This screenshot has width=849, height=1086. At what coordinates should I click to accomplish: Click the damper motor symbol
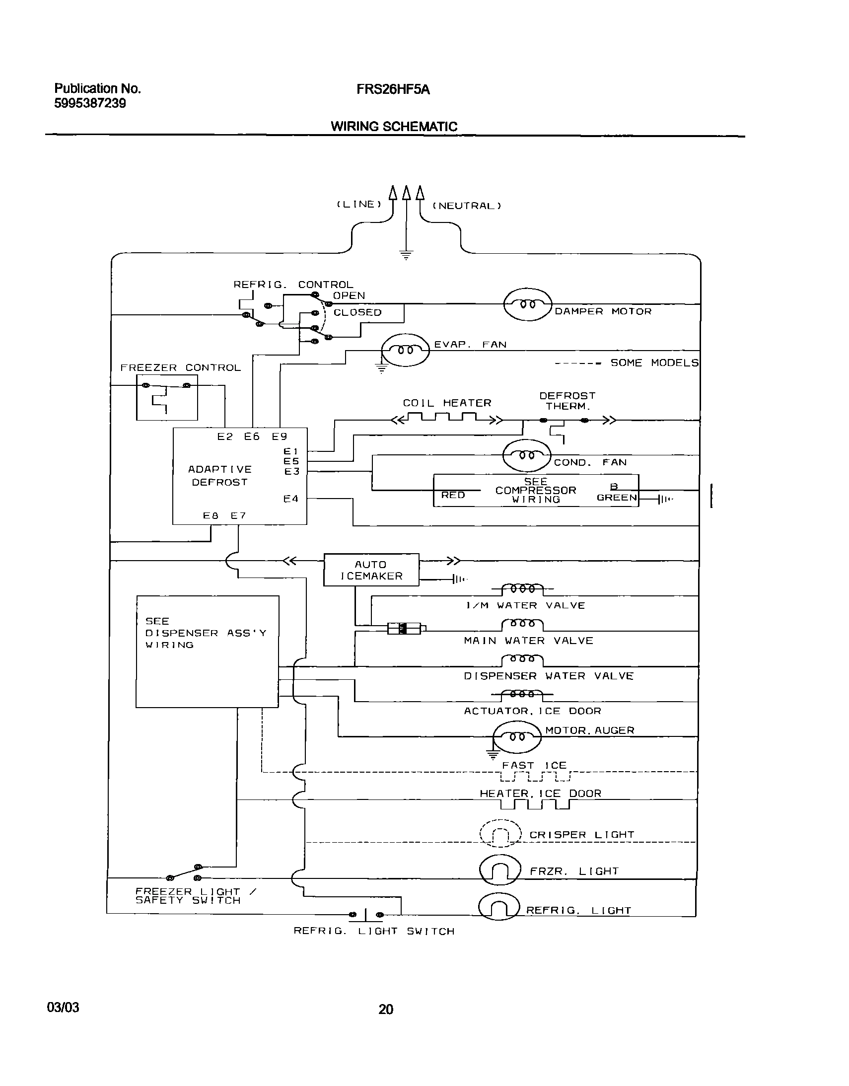(x=527, y=304)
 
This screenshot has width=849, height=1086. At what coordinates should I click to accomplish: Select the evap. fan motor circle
(x=405, y=350)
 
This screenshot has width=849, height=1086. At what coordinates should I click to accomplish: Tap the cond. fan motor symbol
(x=527, y=455)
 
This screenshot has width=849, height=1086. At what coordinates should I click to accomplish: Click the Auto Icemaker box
(x=371, y=570)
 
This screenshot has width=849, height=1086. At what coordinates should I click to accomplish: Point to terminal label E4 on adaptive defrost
(x=291, y=499)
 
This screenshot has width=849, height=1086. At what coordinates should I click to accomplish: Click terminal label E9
(x=280, y=436)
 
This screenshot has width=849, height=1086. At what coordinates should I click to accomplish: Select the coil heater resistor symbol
(x=447, y=419)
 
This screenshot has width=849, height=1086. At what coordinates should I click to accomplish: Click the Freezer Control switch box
(x=167, y=397)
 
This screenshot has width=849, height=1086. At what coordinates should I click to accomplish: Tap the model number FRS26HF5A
(x=393, y=90)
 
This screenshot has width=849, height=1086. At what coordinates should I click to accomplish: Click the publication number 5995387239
(x=90, y=103)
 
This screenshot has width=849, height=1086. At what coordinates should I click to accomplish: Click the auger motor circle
(x=517, y=737)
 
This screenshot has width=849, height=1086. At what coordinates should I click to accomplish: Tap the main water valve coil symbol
(x=522, y=624)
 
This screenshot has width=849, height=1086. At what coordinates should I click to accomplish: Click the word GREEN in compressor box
(x=616, y=498)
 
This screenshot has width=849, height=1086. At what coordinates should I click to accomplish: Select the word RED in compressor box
(x=453, y=495)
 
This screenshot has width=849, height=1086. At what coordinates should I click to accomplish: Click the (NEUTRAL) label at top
(x=467, y=206)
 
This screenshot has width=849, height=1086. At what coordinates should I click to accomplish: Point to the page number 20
(x=386, y=1009)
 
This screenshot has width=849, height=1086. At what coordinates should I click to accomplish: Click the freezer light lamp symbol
(x=500, y=869)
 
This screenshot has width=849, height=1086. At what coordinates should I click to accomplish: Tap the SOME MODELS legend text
(x=654, y=363)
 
